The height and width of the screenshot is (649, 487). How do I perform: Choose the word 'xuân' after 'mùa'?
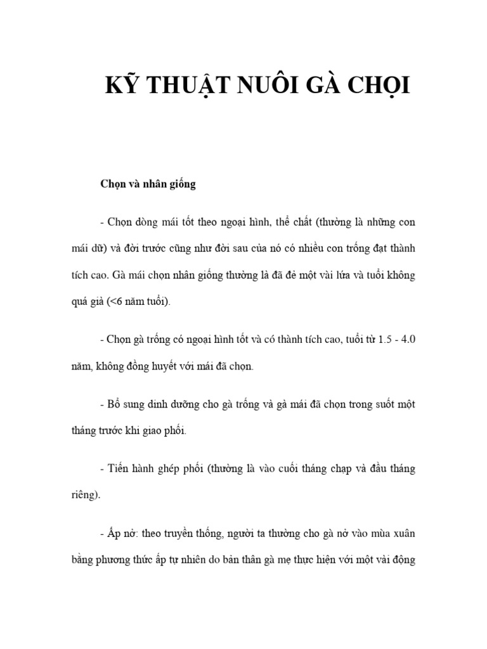[x=403, y=533]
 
